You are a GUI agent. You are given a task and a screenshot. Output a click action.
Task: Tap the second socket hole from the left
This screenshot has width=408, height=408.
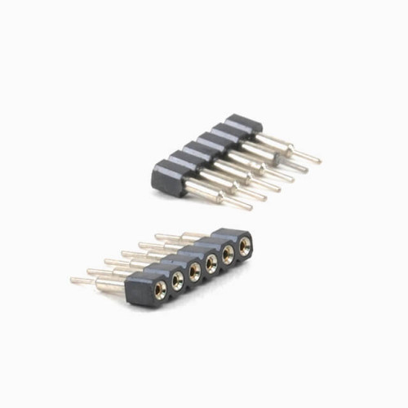[x=177, y=278]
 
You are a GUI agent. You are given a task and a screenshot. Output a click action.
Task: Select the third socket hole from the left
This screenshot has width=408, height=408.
[x=195, y=269]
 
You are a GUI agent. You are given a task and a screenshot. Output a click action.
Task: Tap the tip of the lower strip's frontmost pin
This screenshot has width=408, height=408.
[x=73, y=280]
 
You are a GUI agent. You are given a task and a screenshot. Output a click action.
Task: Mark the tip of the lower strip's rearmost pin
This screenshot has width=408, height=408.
[x=157, y=237]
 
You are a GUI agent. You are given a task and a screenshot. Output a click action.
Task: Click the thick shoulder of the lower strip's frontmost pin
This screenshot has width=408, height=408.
[x=110, y=285]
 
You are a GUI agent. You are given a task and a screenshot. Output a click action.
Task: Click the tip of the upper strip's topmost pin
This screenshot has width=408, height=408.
[x=318, y=160]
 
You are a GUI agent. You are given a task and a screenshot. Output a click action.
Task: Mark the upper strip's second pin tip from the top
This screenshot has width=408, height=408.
[x=304, y=171]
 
